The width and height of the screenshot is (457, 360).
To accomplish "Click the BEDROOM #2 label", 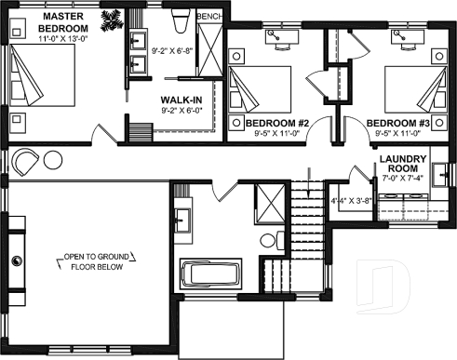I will (x=276, y=123).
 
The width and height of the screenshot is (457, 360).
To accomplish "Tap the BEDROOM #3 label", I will (x=397, y=123).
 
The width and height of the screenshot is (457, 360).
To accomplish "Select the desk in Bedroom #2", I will (x=279, y=39).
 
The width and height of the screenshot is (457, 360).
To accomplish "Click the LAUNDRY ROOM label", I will (x=403, y=164).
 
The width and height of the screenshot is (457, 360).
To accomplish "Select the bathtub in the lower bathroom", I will (x=210, y=275).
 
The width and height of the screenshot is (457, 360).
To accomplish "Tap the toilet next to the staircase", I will (x=268, y=240).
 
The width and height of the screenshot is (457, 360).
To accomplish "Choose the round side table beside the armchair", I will (x=52, y=160).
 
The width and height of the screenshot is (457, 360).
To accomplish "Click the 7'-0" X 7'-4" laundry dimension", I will (x=403, y=178).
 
